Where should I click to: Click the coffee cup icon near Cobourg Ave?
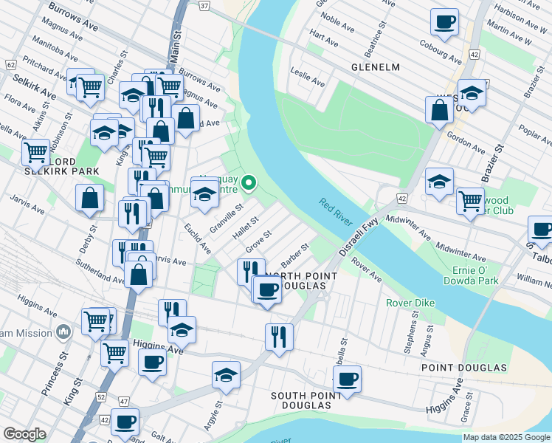tap(444, 22)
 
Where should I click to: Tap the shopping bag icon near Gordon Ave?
tap(439, 109)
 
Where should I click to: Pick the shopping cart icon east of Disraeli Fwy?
tap(469, 199)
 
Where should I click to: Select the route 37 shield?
tap(204, 5)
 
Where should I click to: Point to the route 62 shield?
tap(10, 65)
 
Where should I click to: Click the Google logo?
tap(24, 433)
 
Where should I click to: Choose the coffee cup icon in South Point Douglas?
tap(346, 380)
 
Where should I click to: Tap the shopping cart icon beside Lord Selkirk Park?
tap(35, 153)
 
